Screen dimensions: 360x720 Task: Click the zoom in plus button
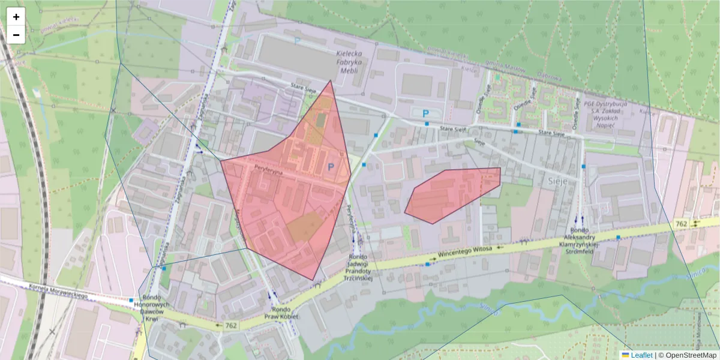pyautogui.click(x=16, y=17)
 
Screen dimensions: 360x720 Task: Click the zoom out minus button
pyautogui.click(x=16, y=35)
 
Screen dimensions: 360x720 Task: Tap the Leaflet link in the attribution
pyautogui.click(x=641, y=355)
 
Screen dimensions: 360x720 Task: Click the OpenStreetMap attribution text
pyautogui.click(x=689, y=355)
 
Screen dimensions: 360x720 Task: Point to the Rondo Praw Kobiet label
pyautogui.click(x=281, y=313)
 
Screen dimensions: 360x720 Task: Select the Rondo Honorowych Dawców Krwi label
pyautogui.click(x=155, y=310)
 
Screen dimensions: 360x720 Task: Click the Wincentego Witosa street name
pyautogui.click(x=464, y=250)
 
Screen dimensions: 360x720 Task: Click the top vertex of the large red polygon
pyautogui.click(x=331, y=80)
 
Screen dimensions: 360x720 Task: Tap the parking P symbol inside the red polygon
pyautogui.click(x=331, y=169)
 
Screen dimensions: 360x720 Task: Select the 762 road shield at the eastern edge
pyautogui.click(x=681, y=224)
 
